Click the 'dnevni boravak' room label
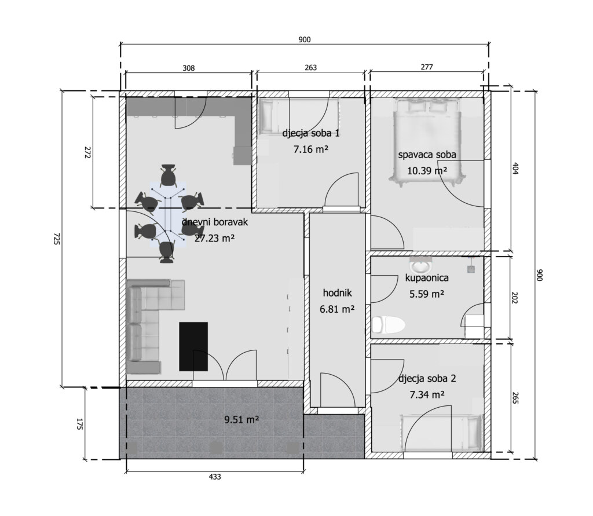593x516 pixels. pos(215,222)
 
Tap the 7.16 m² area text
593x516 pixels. pos(311,149)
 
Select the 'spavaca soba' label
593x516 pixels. pos(427,155)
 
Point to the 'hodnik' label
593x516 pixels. pos(338,293)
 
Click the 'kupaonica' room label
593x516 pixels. pos(427,278)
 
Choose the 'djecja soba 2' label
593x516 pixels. pos(427,379)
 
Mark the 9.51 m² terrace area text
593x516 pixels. pos(241,419)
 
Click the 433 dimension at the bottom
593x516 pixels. pos(215,477)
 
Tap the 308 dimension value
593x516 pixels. pos(189,68)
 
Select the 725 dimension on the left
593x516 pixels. pos(56,239)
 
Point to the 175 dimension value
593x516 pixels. pos(79,424)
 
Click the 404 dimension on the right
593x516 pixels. pos(515,167)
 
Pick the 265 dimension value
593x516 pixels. pos(515,398)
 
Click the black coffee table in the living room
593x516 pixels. pos(193,346)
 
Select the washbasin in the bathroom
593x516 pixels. pos(421,266)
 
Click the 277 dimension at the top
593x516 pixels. pos(427,67)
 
